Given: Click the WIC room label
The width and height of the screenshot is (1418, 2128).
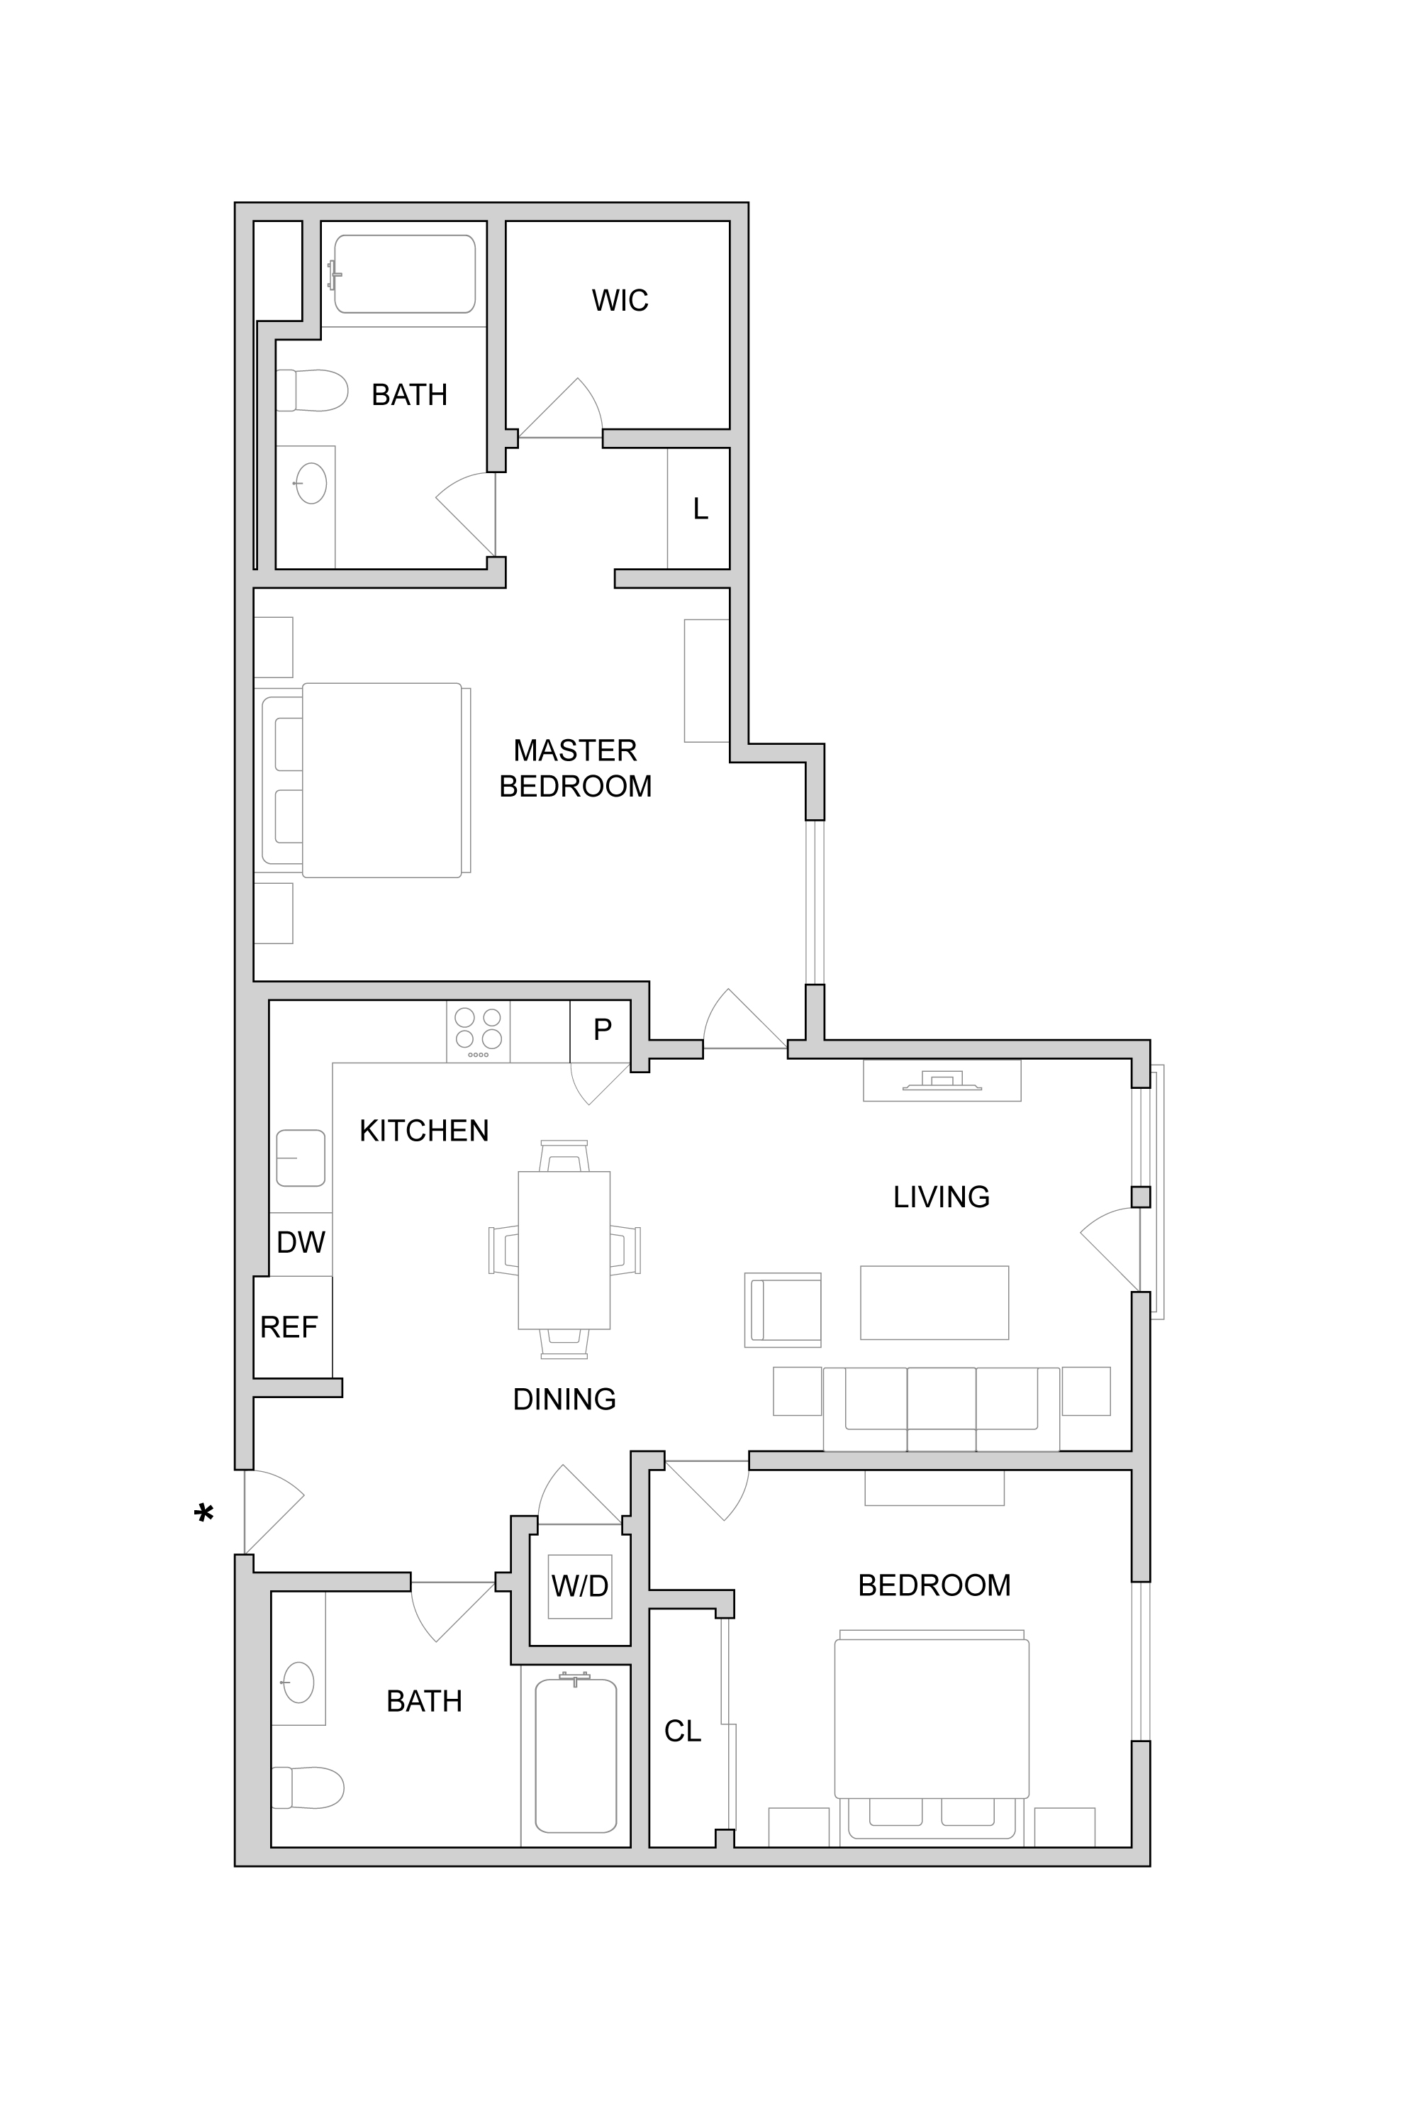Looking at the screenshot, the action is point(620,300).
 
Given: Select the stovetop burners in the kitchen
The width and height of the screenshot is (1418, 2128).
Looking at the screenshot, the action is point(477,1031).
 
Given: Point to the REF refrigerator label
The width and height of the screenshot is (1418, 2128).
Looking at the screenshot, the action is point(289,1327).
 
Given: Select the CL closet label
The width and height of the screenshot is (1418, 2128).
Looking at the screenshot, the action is point(683,1731).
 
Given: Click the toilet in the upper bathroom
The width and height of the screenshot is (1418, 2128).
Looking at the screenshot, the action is point(312,390).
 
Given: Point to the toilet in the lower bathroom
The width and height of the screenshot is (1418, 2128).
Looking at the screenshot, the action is point(308,1787).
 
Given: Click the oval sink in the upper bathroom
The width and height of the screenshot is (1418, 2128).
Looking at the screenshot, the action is point(311,483).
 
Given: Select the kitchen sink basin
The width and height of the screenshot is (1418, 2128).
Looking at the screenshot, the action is point(300,1157).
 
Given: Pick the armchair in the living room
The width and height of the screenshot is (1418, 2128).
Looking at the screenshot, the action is point(783,1310).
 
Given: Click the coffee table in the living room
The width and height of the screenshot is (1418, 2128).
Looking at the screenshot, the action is point(934,1302).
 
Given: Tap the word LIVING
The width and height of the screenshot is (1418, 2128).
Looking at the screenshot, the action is point(942,1197).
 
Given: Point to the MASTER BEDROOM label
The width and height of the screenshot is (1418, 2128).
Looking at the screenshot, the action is point(576,768).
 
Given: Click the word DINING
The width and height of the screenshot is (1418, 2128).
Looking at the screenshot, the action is point(564,1400).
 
